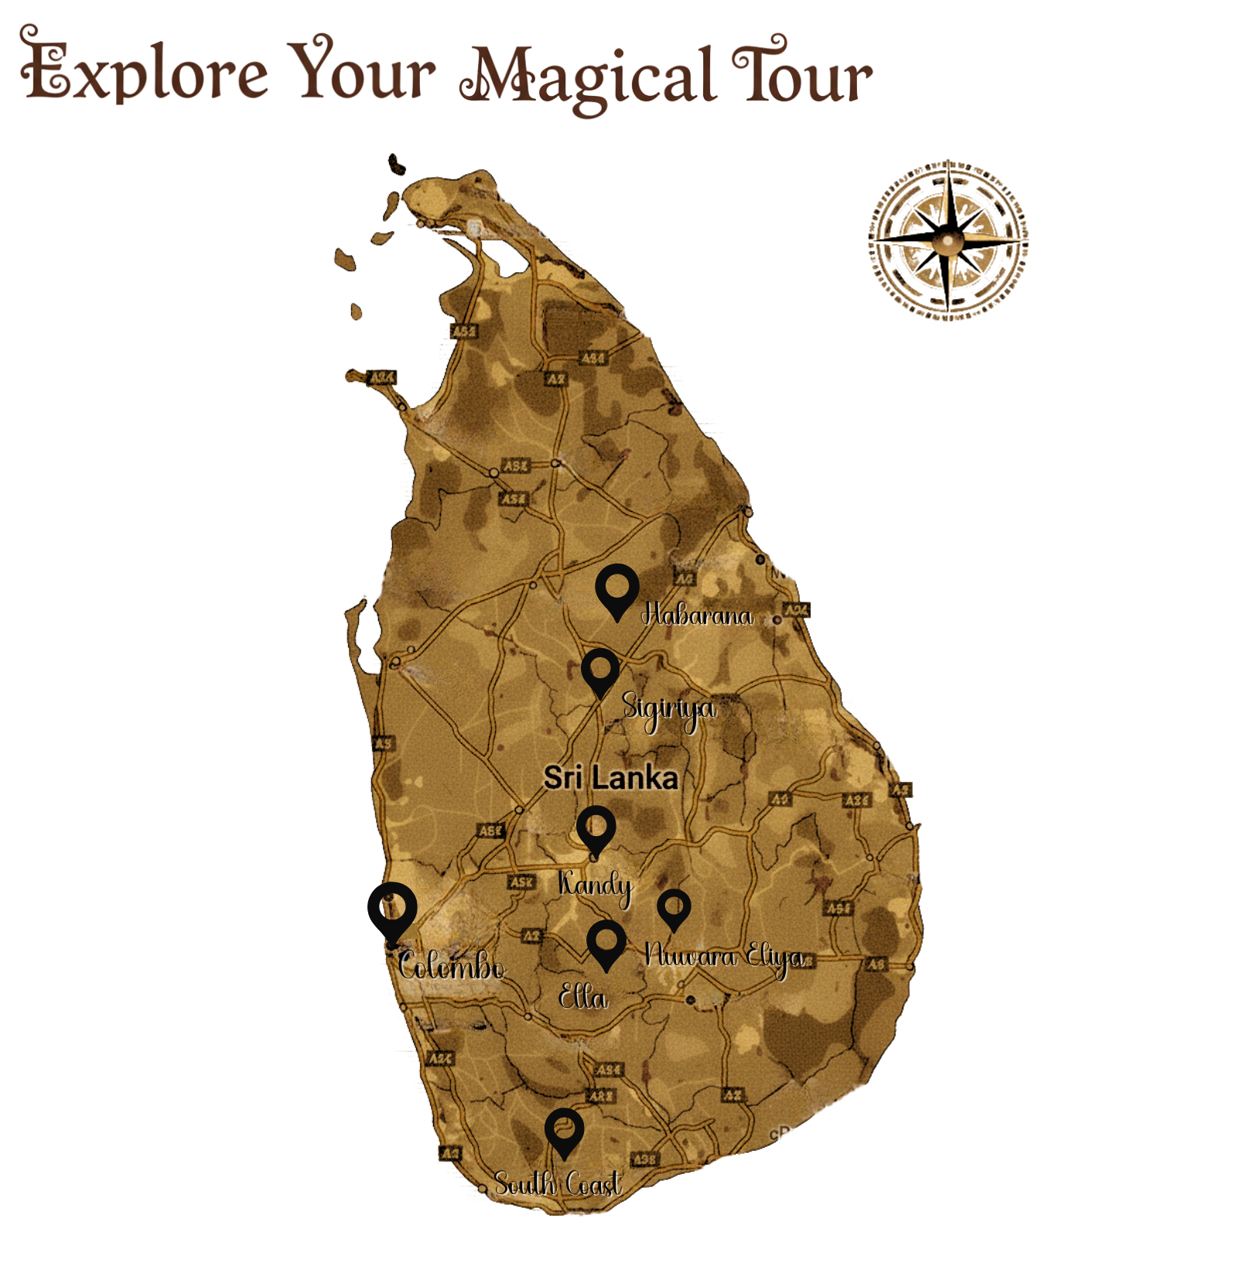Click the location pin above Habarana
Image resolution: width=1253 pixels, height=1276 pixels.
click(x=617, y=588)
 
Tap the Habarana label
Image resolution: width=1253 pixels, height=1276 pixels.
click(x=697, y=616)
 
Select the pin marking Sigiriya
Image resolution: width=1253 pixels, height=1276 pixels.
click(x=600, y=670)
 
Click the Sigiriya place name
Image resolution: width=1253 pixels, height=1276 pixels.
click(x=669, y=709)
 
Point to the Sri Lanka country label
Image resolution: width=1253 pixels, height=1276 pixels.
click(x=610, y=778)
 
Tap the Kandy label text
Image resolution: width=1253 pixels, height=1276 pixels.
click(x=595, y=885)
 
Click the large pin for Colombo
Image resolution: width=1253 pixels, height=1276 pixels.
click(x=392, y=909)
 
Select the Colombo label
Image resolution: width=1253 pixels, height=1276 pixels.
click(x=452, y=967)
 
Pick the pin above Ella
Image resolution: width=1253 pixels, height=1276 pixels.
click(x=606, y=941)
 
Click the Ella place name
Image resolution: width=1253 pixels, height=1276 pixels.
click(x=583, y=998)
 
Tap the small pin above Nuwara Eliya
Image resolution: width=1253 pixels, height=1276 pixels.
click(x=674, y=906)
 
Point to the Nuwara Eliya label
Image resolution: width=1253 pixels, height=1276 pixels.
click(x=724, y=957)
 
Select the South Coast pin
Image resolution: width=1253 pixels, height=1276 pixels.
click(x=564, y=1131)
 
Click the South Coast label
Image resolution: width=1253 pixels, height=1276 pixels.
click(x=558, y=1184)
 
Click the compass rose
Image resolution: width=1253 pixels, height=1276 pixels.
click(x=948, y=239)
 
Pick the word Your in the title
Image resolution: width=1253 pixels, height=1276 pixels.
click(x=364, y=70)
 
